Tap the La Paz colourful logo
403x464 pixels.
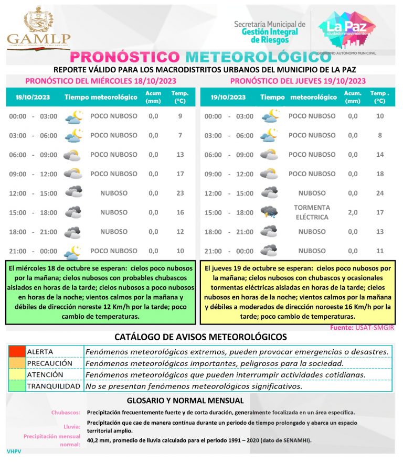tap(343, 29)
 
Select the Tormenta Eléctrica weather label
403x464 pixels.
tap(312, 212)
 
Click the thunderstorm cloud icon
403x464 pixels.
tap(269, 212)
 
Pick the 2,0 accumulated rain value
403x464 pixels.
tap(353, 212)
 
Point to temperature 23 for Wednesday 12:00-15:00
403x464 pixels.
tap(180, 193)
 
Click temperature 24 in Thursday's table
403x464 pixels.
tap(380, 193)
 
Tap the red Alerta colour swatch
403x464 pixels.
tap(16, 351)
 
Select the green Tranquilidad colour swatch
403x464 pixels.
tap(16, 386)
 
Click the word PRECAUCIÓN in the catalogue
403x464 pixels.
tap(49, 363)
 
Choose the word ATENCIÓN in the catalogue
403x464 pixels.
tap(45, 375)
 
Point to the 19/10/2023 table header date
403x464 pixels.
tap(228, 97)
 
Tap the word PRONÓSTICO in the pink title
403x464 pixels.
tap(125, 57)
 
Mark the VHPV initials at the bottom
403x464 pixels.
tap(14, 451)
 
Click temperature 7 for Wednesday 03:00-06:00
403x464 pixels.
tap(180, 135)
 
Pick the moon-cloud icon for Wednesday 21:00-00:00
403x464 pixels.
tap(73, 252)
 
